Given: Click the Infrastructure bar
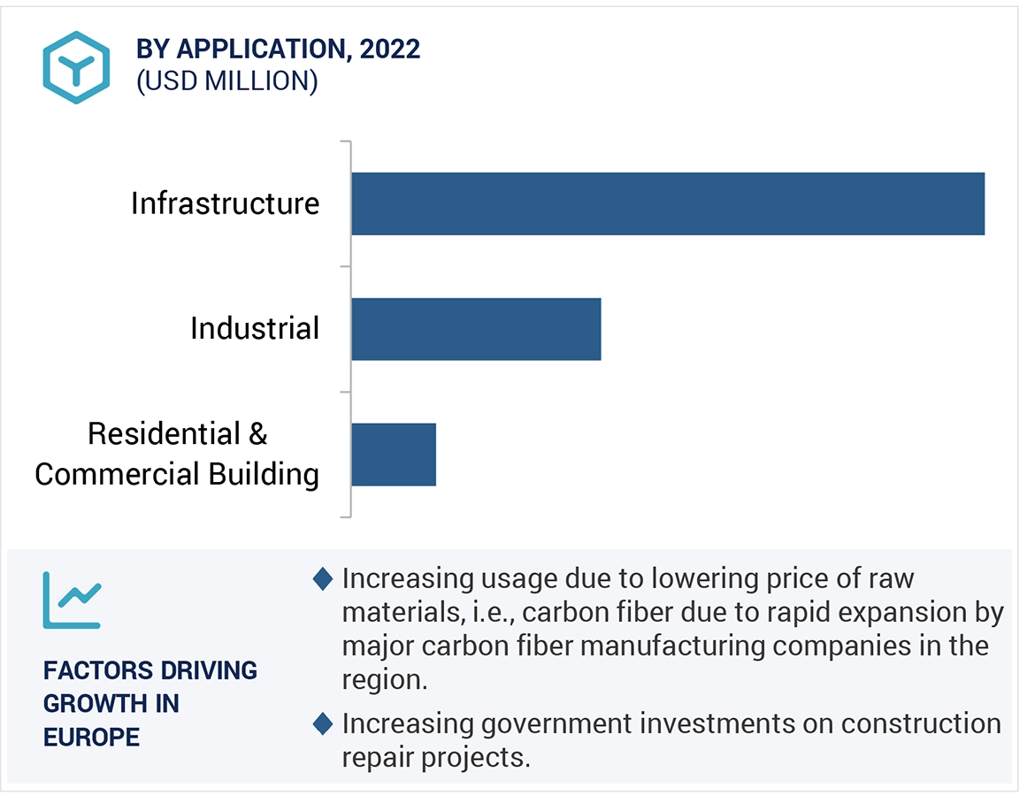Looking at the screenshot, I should point(667,203).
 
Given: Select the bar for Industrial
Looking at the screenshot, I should point(476,329).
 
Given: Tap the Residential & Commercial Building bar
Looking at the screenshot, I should point(394,455).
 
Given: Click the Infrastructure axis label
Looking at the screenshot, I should point(225,203).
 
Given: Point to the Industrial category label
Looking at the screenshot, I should point(255,329).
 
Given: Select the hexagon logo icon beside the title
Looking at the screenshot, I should point(76,67).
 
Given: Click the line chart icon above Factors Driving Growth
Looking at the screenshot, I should point(72,600).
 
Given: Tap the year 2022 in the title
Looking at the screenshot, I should point(390,50).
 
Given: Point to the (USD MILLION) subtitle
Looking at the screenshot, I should point(226,81).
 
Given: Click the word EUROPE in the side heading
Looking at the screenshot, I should point(91,736).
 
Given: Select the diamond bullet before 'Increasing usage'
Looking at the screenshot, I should point(324,579).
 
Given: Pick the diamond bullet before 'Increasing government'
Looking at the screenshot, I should point(324,724).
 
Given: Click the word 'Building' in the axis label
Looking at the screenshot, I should point(264,474).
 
